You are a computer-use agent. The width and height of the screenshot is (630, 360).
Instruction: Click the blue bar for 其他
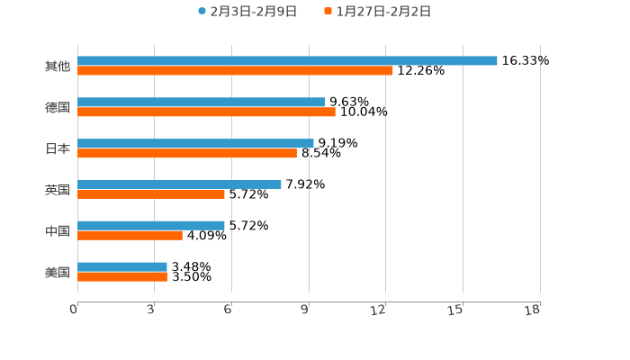click(287, 60)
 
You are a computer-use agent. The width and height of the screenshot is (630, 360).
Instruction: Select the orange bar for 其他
click(235, 70)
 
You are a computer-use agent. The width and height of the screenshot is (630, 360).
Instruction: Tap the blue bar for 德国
click(201, 102)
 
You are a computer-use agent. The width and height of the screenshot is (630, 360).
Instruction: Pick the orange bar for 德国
click(206, 112)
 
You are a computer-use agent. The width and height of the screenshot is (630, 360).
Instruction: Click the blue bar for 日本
click(195, 143)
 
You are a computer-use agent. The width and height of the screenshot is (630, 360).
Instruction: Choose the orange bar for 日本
click(187, 153)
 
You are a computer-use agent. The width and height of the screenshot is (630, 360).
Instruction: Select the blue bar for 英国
click(179, 184)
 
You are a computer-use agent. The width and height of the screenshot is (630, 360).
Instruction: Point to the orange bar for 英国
click(151, 193)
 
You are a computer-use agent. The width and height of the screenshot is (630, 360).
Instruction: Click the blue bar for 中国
click(151, 225)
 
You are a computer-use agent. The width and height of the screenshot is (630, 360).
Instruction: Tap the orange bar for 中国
click(130, 235)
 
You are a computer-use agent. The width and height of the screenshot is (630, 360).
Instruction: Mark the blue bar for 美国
click(122, 266)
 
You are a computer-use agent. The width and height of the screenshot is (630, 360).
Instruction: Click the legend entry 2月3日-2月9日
click(247, 12)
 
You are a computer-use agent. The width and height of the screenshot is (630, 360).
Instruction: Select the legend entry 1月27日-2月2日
click(377, 12)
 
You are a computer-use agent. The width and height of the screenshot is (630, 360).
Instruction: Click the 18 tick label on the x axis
click(533, 310)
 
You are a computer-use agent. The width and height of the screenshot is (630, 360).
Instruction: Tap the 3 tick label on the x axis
click(151, 310)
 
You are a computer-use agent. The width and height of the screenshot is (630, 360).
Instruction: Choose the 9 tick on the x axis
click(305, 310)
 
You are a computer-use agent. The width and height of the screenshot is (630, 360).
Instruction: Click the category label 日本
click(58, 148)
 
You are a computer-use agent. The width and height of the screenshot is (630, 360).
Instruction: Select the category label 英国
click(58, 190)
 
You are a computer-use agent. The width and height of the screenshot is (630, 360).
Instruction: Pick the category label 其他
click(58, 66)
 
